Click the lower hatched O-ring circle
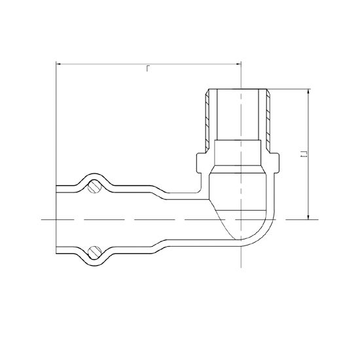coord(95,253)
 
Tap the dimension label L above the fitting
coord(148,69)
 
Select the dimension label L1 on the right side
coord(304,154)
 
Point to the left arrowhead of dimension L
coord(58,64)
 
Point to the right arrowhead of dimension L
coord(238,64)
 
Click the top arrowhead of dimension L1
coord(308,92)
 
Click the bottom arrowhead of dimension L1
coord(308,217)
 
